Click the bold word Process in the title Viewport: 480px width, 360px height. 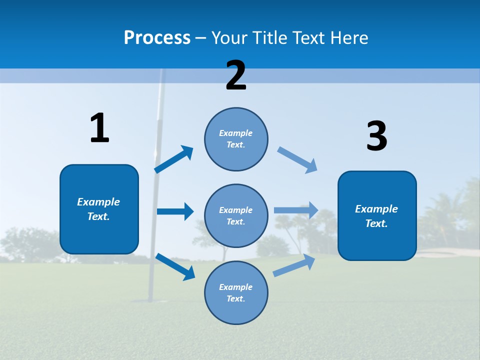[x=157, y=37]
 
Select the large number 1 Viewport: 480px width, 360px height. [x=99, y=128]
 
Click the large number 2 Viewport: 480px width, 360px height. [x=236, y=75]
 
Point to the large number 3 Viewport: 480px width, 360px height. [x=376, y=136]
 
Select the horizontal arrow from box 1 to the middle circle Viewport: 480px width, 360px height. [x=175, y=211]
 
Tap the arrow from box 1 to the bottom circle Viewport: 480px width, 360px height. [x=175, y=266]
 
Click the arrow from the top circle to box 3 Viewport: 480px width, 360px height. [x=297, y=160]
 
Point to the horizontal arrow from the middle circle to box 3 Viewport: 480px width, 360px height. [x=296, y=210]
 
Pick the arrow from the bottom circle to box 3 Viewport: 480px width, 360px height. [x=294, y=265]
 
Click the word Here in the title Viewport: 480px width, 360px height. [x=348, y=37]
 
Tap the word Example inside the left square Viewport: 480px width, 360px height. [x=98, y=202]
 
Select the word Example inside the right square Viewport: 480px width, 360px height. [x=376, y=209]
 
